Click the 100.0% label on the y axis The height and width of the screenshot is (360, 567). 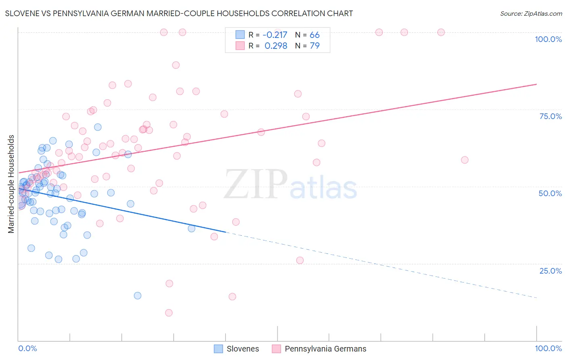point(548,39)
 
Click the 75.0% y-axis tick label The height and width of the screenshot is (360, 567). point(550,116)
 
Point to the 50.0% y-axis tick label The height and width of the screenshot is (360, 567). point(550,193)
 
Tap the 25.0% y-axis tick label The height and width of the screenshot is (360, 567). point(550,271)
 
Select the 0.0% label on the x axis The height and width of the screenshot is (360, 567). point(27,348)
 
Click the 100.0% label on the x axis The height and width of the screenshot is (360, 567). point(548,348)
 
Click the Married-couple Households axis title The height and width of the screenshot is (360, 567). point(11,184)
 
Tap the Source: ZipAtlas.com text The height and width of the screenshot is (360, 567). point(531,13)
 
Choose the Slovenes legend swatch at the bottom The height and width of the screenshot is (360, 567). point(219,349)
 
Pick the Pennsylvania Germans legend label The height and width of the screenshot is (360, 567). point(325,349)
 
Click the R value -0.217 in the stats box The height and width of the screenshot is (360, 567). point(275,35)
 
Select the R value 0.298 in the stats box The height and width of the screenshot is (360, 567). point(276,46)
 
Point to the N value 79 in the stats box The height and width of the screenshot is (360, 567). point(315,46)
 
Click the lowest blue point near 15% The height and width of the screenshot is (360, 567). point(138,295)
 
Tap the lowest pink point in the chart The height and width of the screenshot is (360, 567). point(169,313)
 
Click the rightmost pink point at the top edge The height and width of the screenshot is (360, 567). point(441,32)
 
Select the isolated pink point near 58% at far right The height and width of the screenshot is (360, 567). point(465,160)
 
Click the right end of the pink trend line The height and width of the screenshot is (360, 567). point(536,84)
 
